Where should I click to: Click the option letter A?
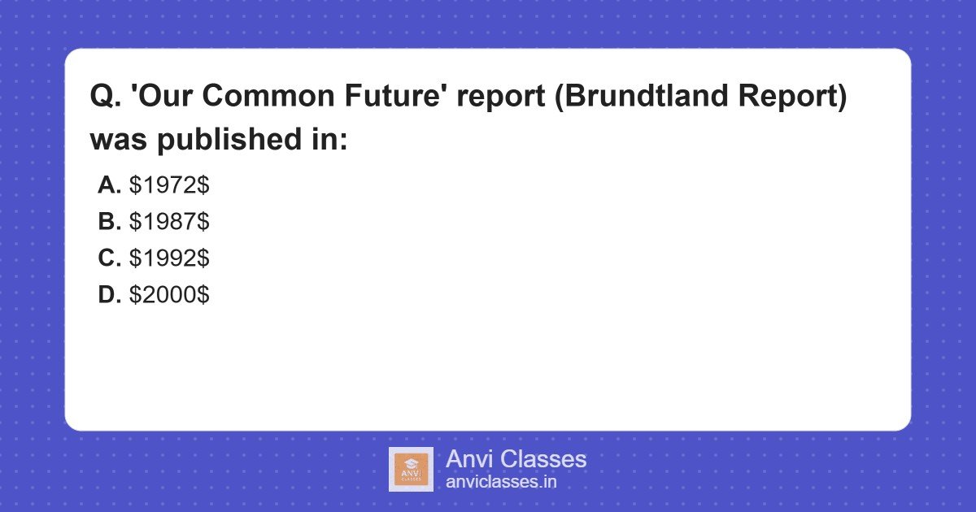click(109, 185)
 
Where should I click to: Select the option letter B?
click(109, 222)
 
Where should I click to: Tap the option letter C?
click(109, 258)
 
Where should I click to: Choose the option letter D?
click(109, 295)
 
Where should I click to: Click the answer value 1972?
click(169, 185)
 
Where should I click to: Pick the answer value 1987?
click(169, 222)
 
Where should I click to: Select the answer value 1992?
click(169, 258)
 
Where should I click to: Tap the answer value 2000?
click(169, 295)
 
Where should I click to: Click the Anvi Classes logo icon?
click(411, 469)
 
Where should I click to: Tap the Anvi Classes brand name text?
click(516, 459)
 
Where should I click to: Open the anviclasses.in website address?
click(501, 481)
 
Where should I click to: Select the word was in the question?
click(118, 139)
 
